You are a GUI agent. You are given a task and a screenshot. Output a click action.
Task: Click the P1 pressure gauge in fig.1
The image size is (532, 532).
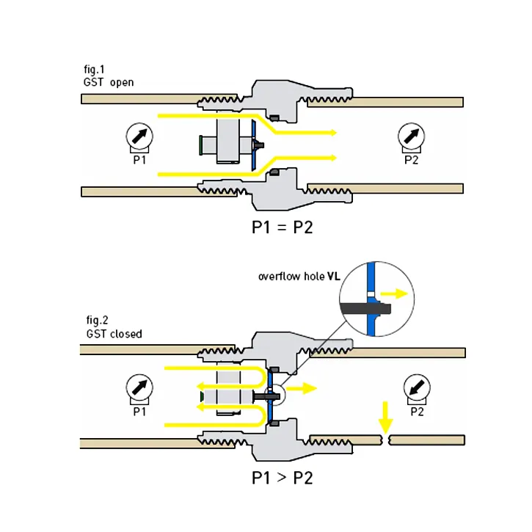(x=139, y=136)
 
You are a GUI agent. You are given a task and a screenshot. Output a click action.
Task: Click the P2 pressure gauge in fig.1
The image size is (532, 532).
(x=410, y=136)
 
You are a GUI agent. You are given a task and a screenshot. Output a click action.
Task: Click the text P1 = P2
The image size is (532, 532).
(x=283, y=227)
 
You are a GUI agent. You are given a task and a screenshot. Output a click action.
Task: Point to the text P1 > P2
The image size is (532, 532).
(x=283, y=478)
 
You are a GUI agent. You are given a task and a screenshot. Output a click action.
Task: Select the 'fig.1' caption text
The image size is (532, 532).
(x=95, y=70)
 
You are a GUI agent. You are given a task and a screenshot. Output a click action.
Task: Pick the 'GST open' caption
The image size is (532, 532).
(x=109, y=83)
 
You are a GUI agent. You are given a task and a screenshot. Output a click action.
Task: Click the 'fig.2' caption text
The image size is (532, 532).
(x=95, y=321)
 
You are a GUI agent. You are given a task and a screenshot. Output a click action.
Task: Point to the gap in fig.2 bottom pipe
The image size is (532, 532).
(x=386, y=440)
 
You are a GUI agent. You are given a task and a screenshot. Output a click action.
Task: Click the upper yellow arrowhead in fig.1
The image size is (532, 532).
(x=333, y=132)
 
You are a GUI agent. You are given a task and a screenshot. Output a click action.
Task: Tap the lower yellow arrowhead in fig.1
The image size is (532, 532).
(x=333, y=157)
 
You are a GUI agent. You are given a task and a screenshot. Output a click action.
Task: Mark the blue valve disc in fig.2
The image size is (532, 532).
(x=271, y=396)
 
